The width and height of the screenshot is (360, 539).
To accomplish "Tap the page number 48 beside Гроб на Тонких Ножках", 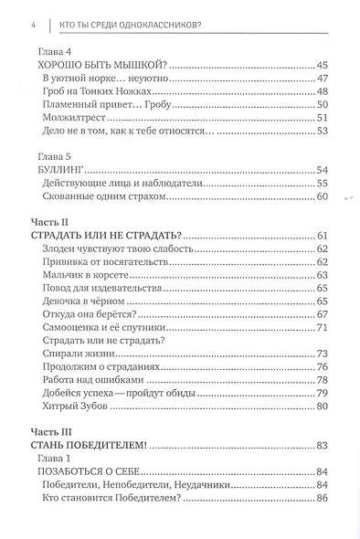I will tap(322, 91).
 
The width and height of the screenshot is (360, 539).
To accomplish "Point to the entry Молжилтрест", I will tap(73, 118).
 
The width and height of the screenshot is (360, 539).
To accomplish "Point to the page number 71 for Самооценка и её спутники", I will tap(322, 327).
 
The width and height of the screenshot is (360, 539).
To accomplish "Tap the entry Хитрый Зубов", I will tap(77, 407).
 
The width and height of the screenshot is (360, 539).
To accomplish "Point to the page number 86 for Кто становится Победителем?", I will tap(322, 499).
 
